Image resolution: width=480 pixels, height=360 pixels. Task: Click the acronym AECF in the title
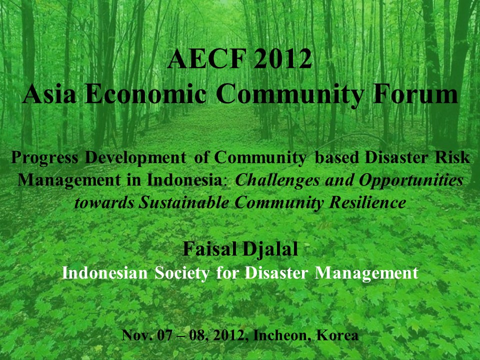[207, 58]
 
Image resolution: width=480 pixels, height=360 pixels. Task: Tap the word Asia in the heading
[49, 94]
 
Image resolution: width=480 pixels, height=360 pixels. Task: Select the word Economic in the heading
[145, 94]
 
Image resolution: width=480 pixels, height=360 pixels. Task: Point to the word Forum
[415, 94]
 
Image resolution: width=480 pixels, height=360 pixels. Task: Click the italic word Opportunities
[411, 181]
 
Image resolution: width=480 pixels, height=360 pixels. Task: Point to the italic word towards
[104, 202]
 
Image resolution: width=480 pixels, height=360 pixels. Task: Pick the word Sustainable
[183, 202]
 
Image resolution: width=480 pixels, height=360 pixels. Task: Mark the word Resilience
[367, 202]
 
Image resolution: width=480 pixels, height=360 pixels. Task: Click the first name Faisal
[209, 248]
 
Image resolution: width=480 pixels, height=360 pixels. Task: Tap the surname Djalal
[269, 249]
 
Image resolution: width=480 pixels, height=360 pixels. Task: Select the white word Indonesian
[104, 273]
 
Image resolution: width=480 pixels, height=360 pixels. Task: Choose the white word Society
[182, 273]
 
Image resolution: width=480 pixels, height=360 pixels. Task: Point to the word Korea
[337, 335]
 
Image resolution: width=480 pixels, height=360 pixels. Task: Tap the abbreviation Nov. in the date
[137, 335]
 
